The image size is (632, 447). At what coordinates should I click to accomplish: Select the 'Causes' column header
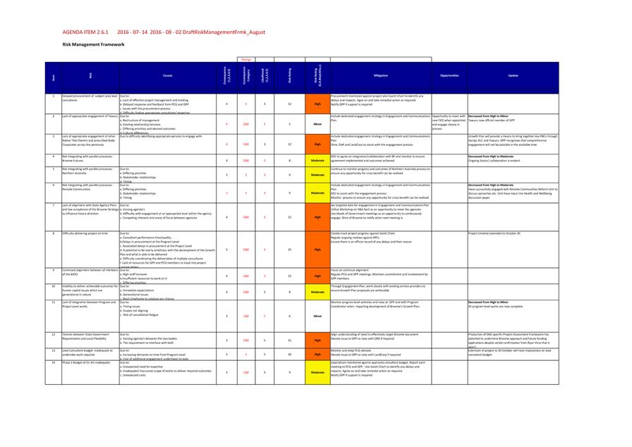(x=167, y=75)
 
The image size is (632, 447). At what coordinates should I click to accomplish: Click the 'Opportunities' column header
(x=449, y=75)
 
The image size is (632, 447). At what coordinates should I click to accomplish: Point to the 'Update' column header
(x=512, y=75)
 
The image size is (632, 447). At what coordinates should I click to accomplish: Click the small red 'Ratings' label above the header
(x=246, y=60)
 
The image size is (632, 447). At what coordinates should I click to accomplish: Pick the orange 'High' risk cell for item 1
(x=317, y=104)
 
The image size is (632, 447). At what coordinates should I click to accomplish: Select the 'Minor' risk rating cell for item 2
(x=317, y=123)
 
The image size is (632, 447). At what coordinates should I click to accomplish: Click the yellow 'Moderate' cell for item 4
(x=317, y=160)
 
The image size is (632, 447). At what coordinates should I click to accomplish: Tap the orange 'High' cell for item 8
(x=317, y=249)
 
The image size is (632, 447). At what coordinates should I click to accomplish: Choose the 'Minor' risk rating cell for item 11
(x=317, y=316)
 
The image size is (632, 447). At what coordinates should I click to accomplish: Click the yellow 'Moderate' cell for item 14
(x=317, y=372)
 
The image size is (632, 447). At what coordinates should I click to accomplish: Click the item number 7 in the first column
(x=54, y=205)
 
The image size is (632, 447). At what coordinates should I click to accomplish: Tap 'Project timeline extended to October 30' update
(x=494, y=233)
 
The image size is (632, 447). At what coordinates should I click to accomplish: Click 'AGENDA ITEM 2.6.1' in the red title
(x=85, y=32)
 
